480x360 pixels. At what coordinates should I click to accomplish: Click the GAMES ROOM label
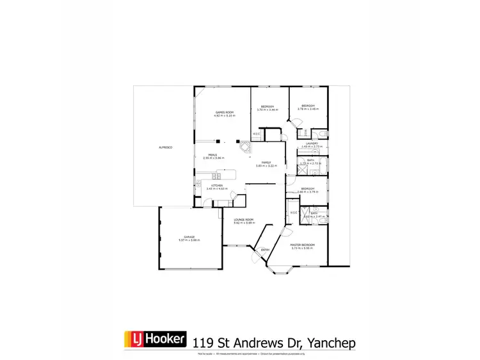point(224,113)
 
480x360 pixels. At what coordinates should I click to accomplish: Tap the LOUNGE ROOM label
point(244,220)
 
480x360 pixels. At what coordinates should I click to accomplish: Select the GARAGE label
point(189,236)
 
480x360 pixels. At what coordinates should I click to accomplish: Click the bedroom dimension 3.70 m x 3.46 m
point(267,110)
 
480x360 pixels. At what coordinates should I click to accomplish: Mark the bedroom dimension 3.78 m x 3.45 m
point(308,109)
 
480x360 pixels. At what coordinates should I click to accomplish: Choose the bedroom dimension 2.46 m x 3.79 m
point(307,192)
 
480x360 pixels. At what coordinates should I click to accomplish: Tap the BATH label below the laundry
point(310,160)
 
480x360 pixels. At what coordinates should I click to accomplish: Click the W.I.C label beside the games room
point(256,134)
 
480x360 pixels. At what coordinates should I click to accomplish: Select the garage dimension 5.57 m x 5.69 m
point(189,240)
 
